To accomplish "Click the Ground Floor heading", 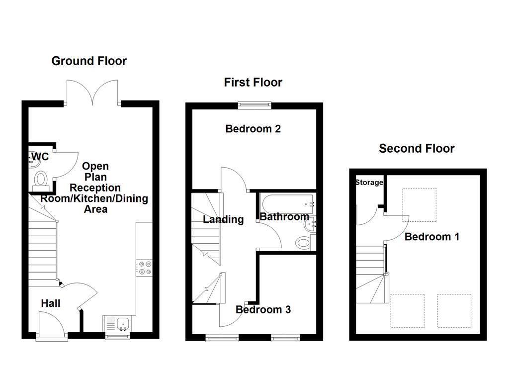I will click(89, 61).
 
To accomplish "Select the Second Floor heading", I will click(417, 148).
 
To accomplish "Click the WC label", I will click(40, 157).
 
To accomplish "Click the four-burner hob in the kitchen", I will click(145, 268).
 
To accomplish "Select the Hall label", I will click(51, 303).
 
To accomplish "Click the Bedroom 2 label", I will click(253, 129).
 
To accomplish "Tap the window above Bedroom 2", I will click(254, 104).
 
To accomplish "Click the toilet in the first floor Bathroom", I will click(303, 243).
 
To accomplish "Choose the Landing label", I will click(223, 219).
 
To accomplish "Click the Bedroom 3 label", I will click(263, 309).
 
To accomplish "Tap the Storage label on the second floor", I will click(369, 183).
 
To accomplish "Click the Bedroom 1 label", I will click(431, 237).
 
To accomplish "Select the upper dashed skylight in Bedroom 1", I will click(419, 204).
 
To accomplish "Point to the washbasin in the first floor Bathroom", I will click(310, 225).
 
